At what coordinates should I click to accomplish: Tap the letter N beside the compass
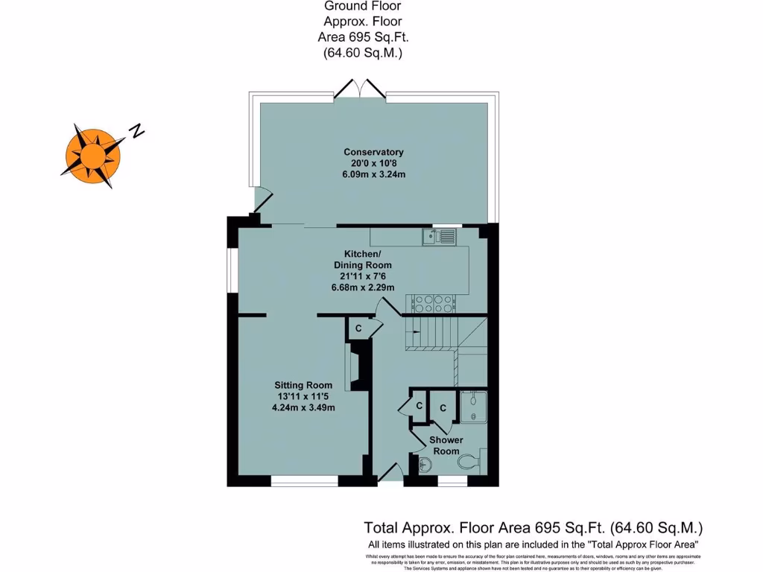pyautogui.click(x=136, y=131)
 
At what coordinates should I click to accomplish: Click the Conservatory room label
pyautogui.click(x=373, y=152)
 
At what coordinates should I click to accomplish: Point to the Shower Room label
pyautogui.click(x=446, y=445)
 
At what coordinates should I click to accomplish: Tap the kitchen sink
pyautogui.click(x=439, y=237)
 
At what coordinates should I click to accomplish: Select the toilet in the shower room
pyautogui.click(x=470, y=462)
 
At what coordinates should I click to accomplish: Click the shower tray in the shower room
pyautogui.click(x=473, y=407)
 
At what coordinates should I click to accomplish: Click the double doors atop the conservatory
pyautogui.click(x=360, y=89)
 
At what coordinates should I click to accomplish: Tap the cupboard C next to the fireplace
pyautogui.click(x=358, y=328)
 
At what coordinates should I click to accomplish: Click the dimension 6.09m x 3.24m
pyautogui.click(x=373, y=174)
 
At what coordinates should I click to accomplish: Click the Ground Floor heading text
pyautogui.click(x=363, y=6)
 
